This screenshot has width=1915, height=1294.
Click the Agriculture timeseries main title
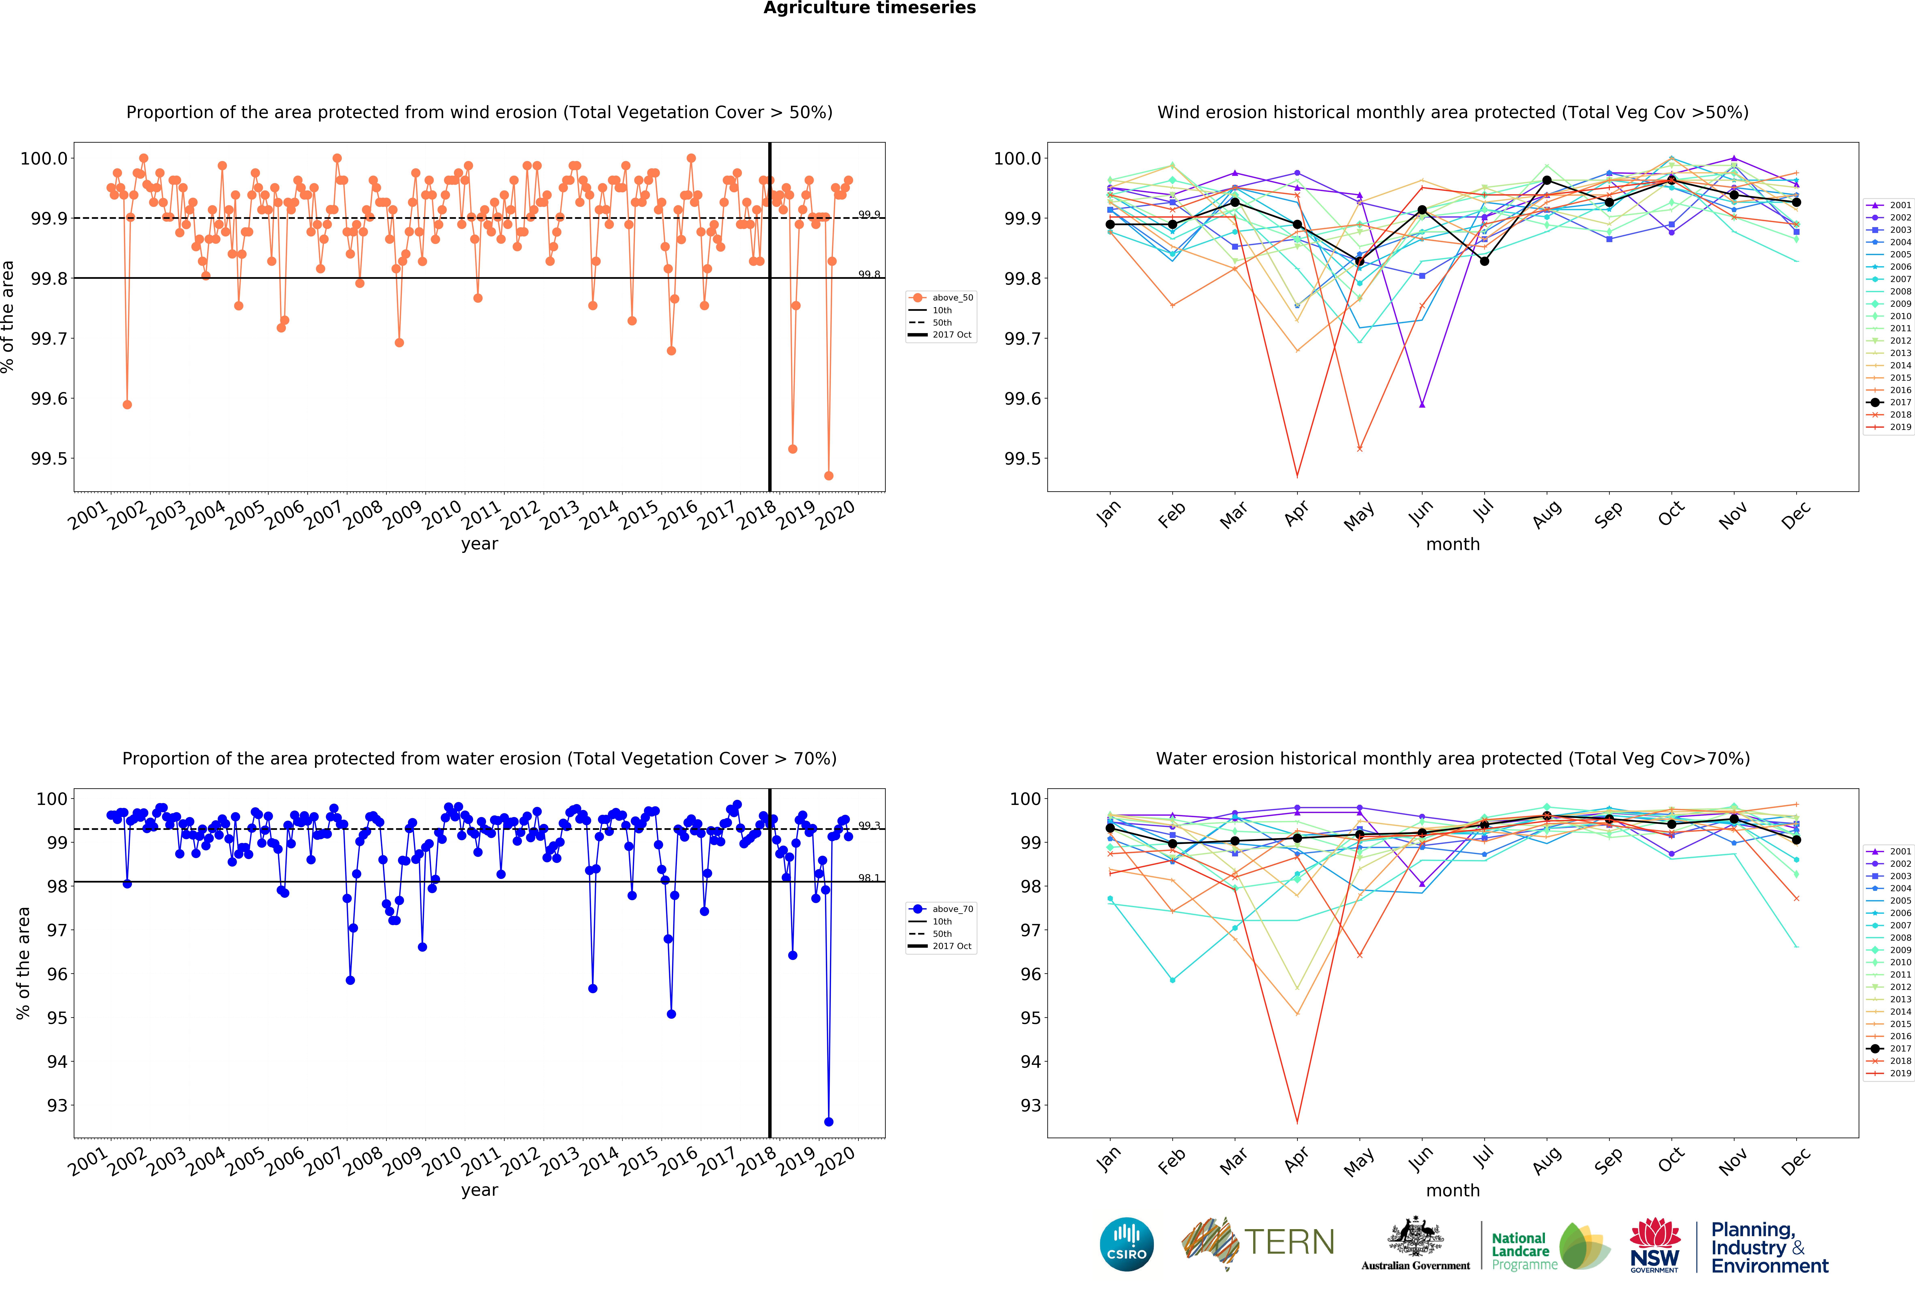[869, 8]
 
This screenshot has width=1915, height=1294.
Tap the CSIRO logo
[1126, 1244]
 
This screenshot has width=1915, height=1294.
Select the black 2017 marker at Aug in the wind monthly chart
[1547, 181]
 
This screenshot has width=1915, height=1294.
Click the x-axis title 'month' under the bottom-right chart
[1453, 1190]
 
